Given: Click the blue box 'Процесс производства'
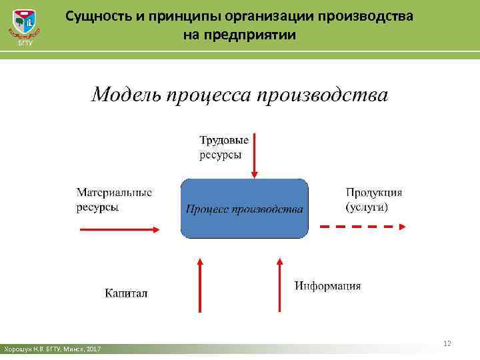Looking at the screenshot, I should coord(244,209).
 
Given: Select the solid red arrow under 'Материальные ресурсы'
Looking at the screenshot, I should coord(119,229).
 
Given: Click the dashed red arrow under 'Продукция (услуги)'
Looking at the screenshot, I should coord(363,227).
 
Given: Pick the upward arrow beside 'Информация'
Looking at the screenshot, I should coord(279,279).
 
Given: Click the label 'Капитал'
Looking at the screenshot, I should coord(126,293).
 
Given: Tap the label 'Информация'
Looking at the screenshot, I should coord(328,286).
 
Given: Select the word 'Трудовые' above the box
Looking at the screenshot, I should coord(225,140).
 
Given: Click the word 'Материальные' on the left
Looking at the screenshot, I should coord(114,193).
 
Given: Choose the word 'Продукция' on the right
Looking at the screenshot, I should coord(374,193).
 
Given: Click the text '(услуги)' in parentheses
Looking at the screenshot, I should coord(367,207).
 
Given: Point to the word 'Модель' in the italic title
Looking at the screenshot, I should coord(123,95).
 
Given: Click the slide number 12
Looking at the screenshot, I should coord(447,343).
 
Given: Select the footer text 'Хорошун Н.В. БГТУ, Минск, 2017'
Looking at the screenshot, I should coord(53,349).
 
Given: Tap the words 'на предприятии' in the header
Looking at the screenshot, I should coord(239,34).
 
